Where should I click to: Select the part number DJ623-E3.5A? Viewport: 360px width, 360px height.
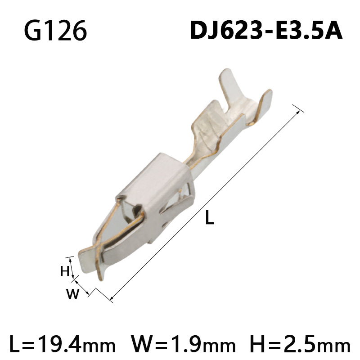click(266, 31)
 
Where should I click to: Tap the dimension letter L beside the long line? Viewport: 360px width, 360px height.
click(209, 219)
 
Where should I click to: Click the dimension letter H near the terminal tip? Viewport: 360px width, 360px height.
click(64, 271)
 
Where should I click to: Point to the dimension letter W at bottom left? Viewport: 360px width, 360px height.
click(72, 295)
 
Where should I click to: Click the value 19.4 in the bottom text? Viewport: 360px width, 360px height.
click(58, 345)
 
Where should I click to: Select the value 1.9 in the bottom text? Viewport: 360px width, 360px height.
click(185, 345)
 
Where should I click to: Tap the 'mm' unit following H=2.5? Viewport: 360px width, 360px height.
click(335, 346)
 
